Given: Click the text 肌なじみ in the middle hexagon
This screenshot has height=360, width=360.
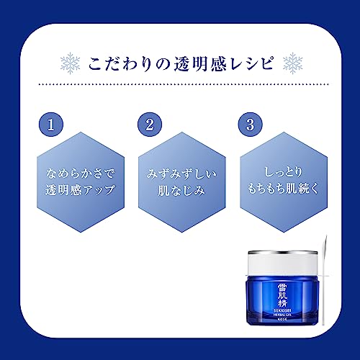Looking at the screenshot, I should (x=179, y=192).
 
